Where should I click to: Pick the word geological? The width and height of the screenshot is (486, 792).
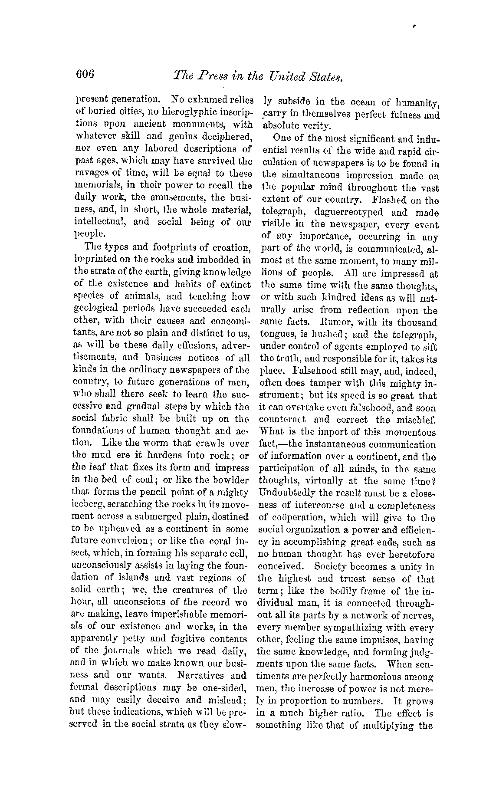tap(96, 309)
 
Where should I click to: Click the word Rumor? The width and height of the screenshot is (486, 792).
tap(331, 323)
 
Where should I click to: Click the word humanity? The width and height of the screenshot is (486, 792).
tap(417, 103)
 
